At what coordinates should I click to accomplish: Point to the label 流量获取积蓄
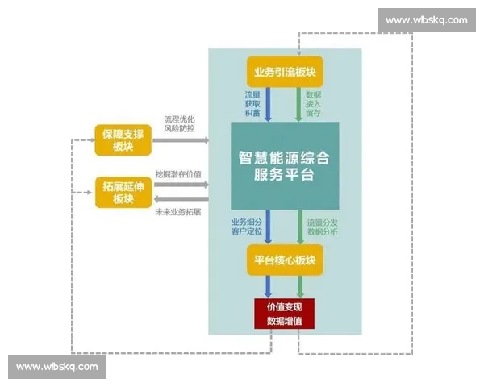pos(252,104)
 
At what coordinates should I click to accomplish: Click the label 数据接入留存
pos(314,104)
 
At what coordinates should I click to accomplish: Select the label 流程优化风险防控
pos(178,123)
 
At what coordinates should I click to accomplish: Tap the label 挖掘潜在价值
pos(178,173)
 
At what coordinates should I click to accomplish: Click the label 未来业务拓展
pos(178,211)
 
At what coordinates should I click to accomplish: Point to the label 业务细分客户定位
pos(244,227)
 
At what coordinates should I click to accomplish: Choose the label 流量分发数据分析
pos(323,227)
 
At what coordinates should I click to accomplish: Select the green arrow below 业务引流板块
pos(298,104)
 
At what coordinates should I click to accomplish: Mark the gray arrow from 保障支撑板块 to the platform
pos(179,140)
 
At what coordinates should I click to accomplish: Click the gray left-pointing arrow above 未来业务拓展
pos(179,198)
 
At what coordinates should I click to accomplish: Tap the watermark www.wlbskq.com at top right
pos(425,19)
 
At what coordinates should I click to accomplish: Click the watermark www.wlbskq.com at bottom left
pos(57,367)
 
